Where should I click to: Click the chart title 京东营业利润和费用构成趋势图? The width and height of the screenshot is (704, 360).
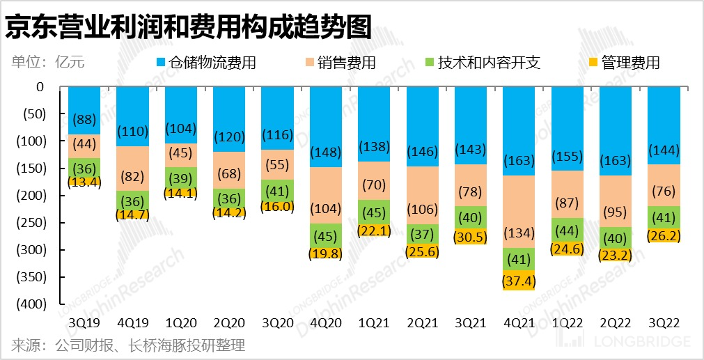tap(188, 27)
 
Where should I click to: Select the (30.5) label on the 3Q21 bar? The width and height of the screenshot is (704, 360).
tap(471, 236)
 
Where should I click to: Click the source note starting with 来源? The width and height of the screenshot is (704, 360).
tap(128, 345)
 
